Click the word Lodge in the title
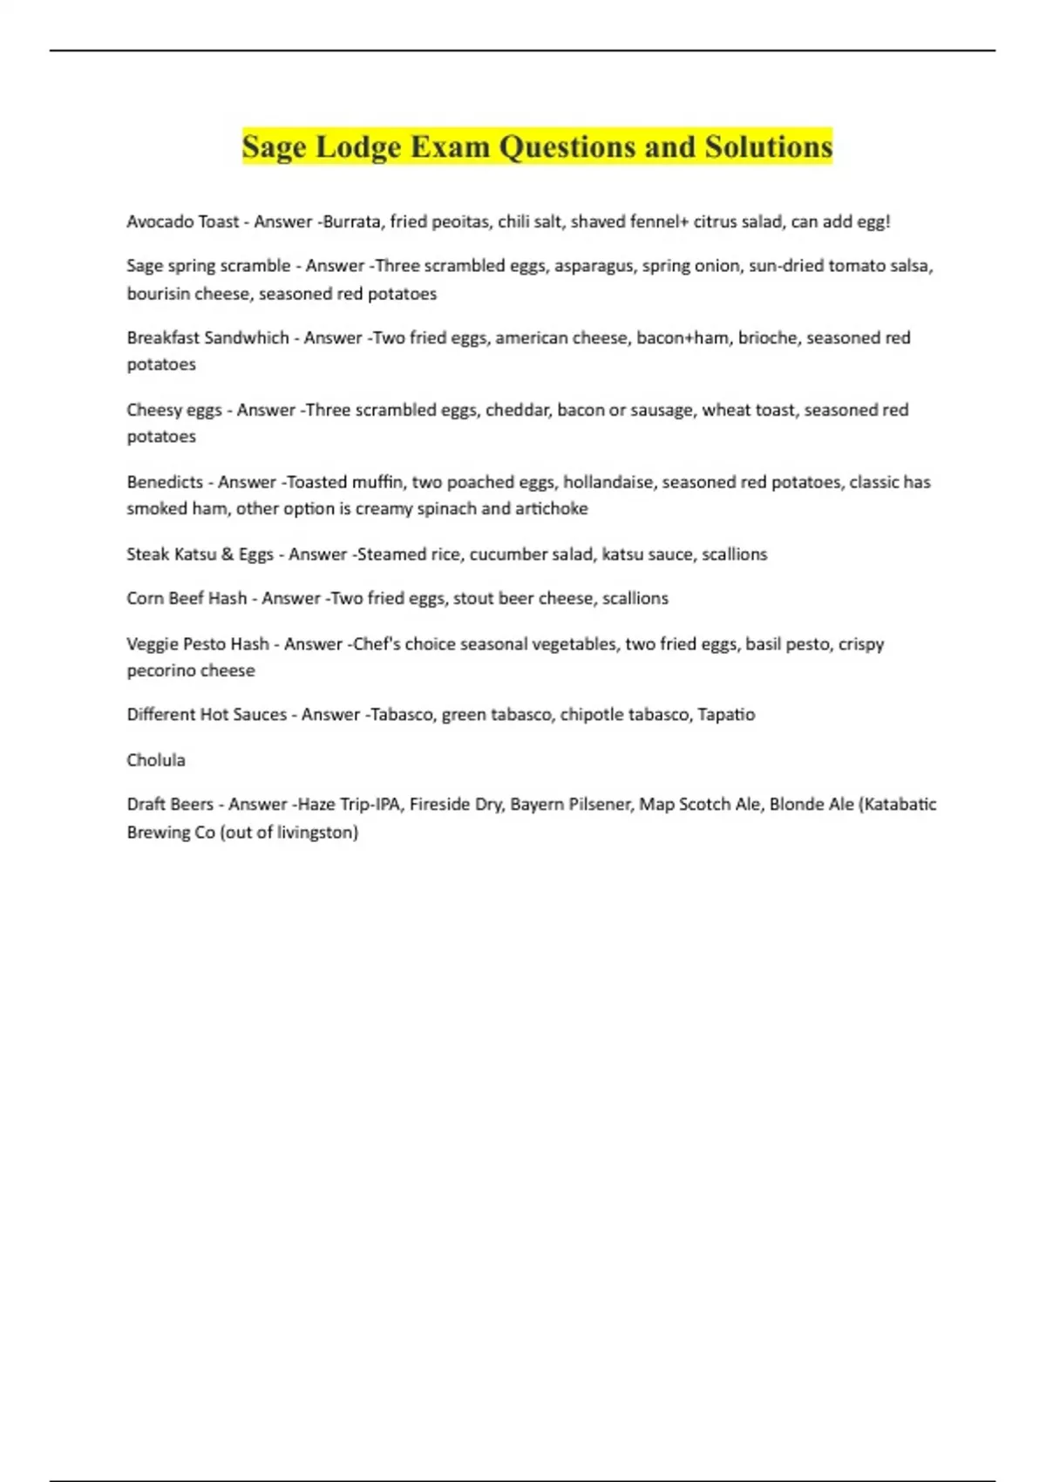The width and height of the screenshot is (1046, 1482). coord(358,147)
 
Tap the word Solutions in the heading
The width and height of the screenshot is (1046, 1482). coord(769,147)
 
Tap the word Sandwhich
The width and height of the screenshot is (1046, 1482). coord(247,337)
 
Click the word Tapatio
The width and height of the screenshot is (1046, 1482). coord(726,715)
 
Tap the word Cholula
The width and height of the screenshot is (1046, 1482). coord(156,760)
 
